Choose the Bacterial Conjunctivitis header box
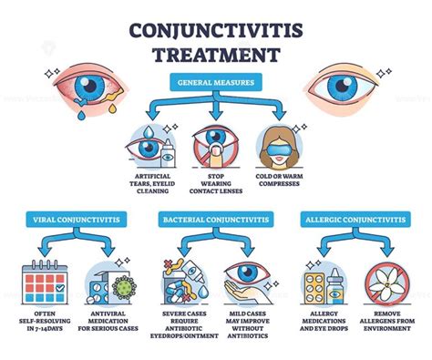point(216,219)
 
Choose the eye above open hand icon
point(248,283)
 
